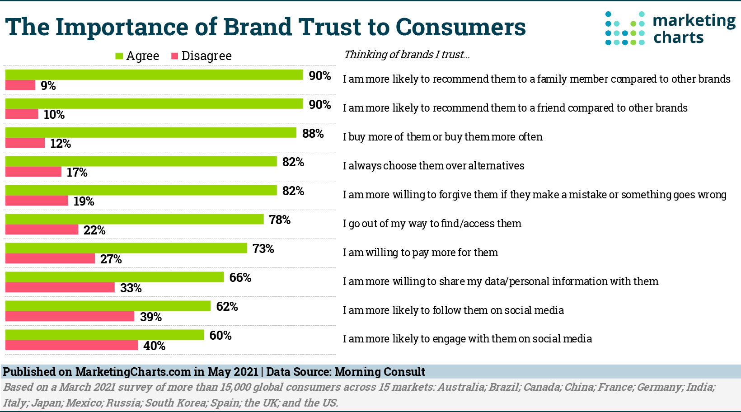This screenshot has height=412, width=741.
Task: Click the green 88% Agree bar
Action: [150, 132]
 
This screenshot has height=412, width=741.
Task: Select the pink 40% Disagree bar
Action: [71, 346]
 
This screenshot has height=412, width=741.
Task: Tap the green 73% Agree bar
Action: [126, 248]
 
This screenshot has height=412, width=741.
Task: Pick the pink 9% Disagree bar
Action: [20, 85]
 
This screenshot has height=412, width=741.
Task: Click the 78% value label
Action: [280, 220]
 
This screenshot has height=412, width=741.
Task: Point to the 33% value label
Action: [131, 288]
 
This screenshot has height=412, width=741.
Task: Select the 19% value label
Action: [84, 201]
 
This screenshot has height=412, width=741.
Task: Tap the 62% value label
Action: [227, 307]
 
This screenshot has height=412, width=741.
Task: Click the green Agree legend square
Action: [119, 56]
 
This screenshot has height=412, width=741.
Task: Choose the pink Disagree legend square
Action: [175, 56]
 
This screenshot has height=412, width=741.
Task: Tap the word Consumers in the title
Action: [460, 27]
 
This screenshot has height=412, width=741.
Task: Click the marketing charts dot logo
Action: [625, 28]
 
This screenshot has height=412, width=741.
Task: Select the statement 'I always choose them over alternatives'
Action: [433, 166]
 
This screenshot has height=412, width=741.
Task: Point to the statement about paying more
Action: [420, 253]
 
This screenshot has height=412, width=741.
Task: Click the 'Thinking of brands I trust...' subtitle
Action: [407, 55]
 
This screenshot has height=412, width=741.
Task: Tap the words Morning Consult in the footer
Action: [380, 372]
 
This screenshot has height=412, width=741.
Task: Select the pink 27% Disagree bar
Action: [50, 259]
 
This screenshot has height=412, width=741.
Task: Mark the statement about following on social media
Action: [453, 310]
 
